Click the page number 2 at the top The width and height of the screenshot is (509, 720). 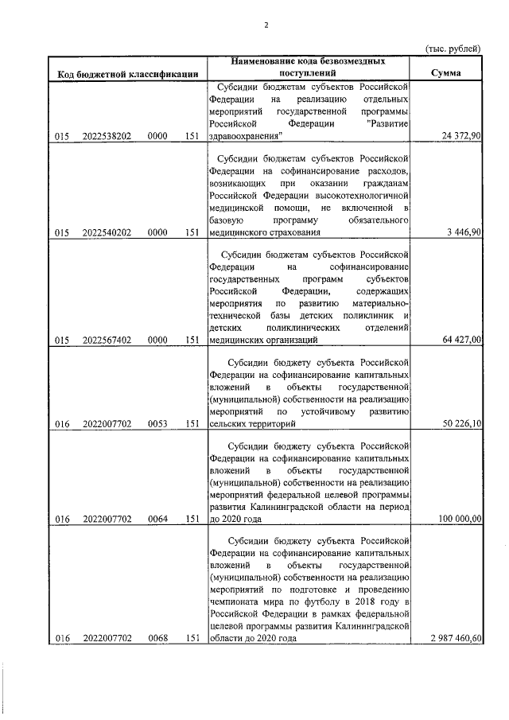(267, 25)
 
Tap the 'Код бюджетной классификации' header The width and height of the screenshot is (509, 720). (128, 75)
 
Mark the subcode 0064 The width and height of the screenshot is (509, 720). (157, 520)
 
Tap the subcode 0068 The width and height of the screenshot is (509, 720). (157, 638)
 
